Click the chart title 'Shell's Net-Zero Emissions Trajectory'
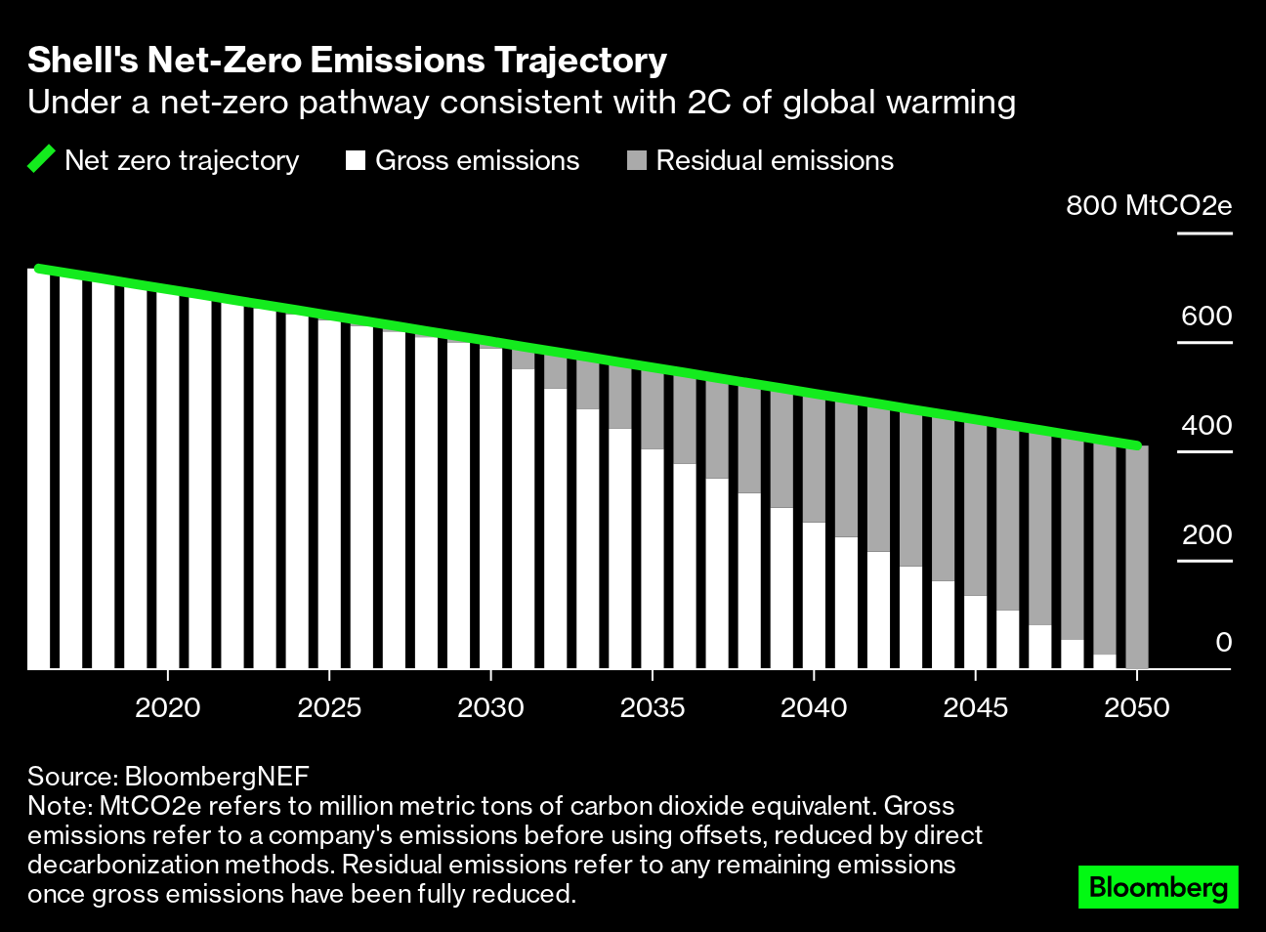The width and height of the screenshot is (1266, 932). (347, 61)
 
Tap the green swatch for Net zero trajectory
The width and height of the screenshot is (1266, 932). (42, 160)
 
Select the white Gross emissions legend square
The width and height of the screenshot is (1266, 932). (356, 160)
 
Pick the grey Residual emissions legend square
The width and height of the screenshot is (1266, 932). (637, 160)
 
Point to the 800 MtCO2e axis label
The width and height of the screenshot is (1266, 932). (1148, 206)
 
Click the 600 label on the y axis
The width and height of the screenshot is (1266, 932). (1205, 317)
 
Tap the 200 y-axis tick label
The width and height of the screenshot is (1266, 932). (1205, 535)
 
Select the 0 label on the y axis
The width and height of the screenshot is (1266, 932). (1223, 643)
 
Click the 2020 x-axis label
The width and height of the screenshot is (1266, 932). (168, 707)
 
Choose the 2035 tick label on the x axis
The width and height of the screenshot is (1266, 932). (653, 707)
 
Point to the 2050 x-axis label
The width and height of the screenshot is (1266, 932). (1136, 707)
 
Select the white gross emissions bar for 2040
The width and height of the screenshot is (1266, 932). (814, 596)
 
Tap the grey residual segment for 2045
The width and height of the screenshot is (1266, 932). (975, 508)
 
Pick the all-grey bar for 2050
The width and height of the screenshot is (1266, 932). (1136, 557)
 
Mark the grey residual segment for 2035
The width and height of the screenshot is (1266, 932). (653, 410)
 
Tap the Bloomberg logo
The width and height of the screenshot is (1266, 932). (1158, 887)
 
